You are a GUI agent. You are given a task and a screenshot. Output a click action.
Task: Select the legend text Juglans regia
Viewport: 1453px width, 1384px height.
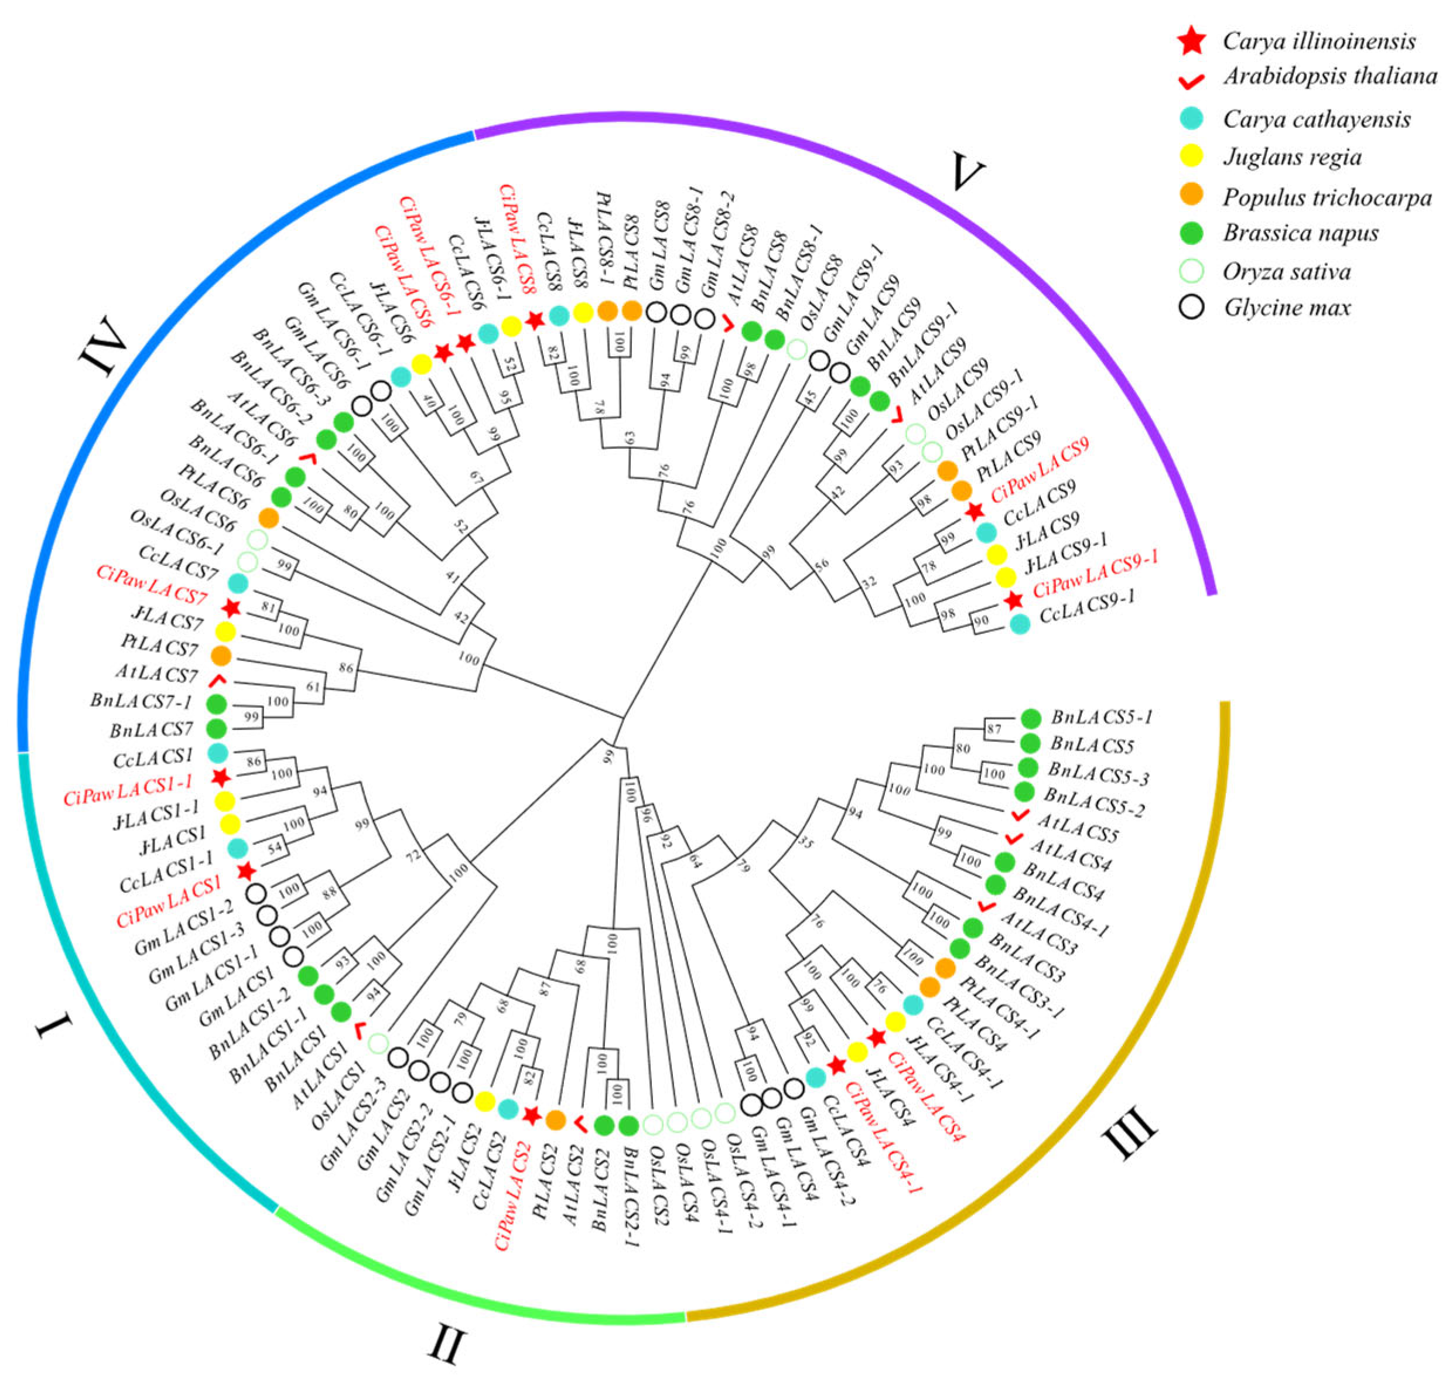pos(1291,157)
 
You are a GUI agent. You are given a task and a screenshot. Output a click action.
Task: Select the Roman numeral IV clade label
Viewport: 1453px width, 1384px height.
pos(102,347)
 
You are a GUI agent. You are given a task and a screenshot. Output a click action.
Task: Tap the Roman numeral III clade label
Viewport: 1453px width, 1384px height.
pos(1129,1134)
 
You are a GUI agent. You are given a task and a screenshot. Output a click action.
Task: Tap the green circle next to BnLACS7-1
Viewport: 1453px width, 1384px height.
pos(216,703)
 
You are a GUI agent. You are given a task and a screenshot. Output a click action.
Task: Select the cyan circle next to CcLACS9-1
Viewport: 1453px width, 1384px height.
pos(1019,624)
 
